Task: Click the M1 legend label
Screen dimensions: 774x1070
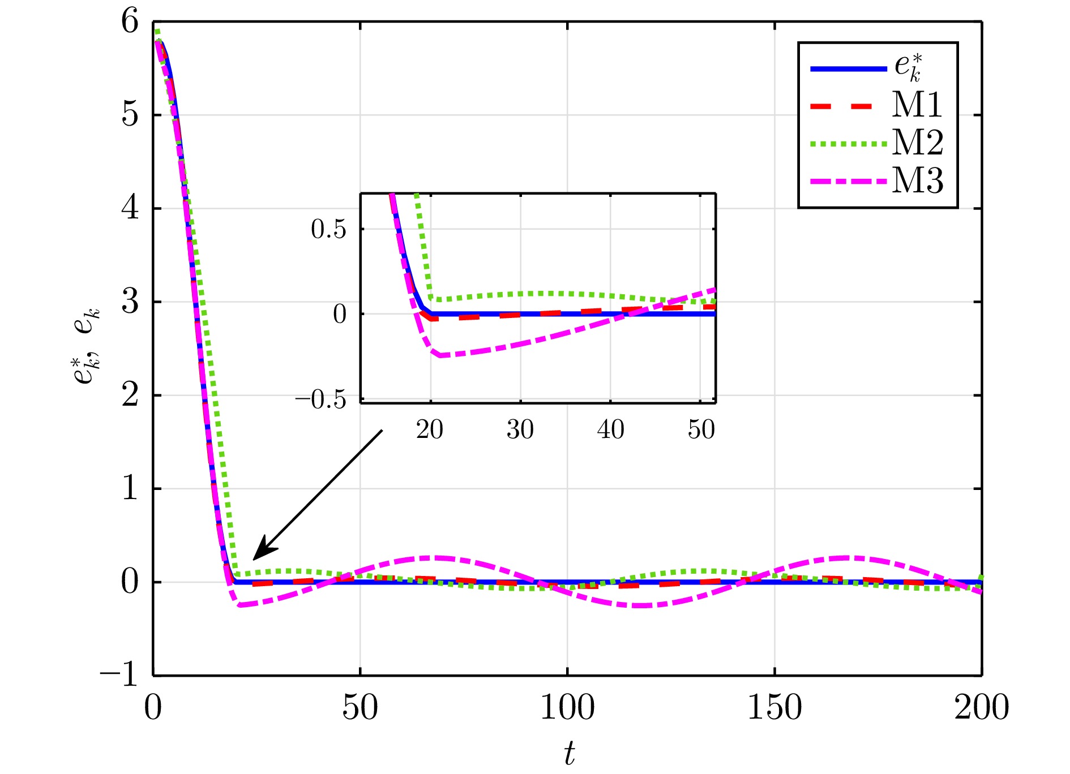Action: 917,105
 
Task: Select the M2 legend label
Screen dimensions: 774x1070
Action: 918,143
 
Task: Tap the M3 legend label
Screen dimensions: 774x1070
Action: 918,181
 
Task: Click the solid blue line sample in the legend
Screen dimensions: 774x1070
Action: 848,68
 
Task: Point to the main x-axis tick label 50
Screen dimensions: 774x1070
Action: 360,708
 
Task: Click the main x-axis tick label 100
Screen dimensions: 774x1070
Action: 567,708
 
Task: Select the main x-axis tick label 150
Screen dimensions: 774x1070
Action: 774,708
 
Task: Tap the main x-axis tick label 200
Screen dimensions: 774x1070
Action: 982,708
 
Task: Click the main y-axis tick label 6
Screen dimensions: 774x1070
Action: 130,22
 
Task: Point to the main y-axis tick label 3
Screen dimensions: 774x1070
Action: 130,302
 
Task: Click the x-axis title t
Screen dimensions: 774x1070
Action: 569,753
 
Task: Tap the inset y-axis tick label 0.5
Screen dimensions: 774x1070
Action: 328,229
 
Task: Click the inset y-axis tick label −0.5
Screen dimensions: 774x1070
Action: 320,399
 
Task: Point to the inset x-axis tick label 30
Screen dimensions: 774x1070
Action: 520,430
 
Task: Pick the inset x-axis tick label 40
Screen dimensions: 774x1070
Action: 610,430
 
